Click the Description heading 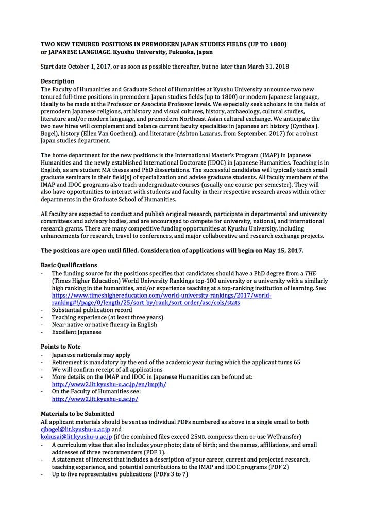pyautogui.click(x=57, y=81)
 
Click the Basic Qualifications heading pyautogui.click(x=69, y=265)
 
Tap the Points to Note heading pyautogui.click(x=60, y=347)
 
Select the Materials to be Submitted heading pyautogui.click(x=77, y=414)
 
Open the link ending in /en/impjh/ pyautogui.click(x=109, y=384)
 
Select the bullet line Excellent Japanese pyautogui.click(x=76, y=332)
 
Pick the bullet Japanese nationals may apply pyautogui.click(x=91, y=355)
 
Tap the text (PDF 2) pyautogui.click(x=276, y=467)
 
